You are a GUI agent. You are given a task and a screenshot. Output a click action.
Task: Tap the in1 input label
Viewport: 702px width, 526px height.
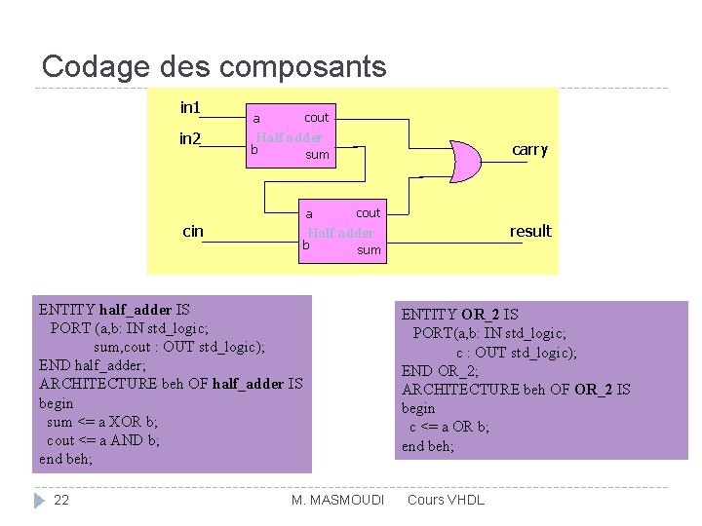[191, 106]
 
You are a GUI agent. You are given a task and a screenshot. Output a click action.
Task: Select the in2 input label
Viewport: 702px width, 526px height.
[190, 139]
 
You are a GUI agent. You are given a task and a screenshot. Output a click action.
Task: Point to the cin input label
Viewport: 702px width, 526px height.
[193, 231]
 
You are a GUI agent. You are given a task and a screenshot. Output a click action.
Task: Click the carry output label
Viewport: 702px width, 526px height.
[530, 149]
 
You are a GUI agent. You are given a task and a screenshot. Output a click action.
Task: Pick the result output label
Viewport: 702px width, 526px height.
[530, 231]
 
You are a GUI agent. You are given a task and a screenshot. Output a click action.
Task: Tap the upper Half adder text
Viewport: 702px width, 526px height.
[290, 137]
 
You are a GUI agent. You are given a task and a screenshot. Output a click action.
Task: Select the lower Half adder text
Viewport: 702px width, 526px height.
[341, 233]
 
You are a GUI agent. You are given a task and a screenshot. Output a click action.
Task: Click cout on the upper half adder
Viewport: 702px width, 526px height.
[317, 118]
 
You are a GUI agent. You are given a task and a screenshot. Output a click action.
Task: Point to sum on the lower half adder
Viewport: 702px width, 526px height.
[369, 250]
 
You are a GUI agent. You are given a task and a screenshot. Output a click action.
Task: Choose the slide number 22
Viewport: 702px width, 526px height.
[61, 500]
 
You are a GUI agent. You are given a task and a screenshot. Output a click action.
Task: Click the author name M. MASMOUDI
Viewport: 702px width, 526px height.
[338, 500]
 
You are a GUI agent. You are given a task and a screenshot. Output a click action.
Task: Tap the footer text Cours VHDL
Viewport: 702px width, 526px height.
[445, 500]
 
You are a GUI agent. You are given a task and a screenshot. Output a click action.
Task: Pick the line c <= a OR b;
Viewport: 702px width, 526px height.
[449, 427]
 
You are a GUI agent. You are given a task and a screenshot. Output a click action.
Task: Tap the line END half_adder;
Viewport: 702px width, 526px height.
[93, 365]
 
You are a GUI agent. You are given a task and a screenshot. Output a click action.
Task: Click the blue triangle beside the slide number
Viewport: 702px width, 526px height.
[39, 500]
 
